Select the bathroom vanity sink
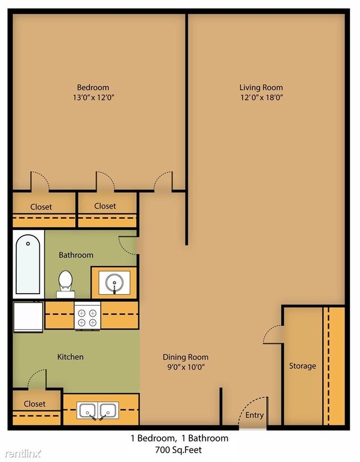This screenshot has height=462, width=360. [114, 283]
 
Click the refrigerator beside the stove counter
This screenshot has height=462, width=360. [28, 317]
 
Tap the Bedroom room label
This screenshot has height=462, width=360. [92, 87]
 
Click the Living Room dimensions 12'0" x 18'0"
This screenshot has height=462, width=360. [261, 97]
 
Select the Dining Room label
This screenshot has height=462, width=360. [186, 357]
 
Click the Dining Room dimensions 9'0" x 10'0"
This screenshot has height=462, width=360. [186, 367]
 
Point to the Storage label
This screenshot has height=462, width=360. [302, 366]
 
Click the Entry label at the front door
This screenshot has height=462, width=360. [254, 415]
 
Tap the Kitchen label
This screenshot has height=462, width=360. [70, 357]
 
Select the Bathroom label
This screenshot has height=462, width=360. [76, 255]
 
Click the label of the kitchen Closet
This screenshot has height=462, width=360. [34, 404]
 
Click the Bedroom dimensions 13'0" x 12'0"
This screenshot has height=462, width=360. [92, 97]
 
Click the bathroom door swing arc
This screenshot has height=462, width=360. [127, 244]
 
